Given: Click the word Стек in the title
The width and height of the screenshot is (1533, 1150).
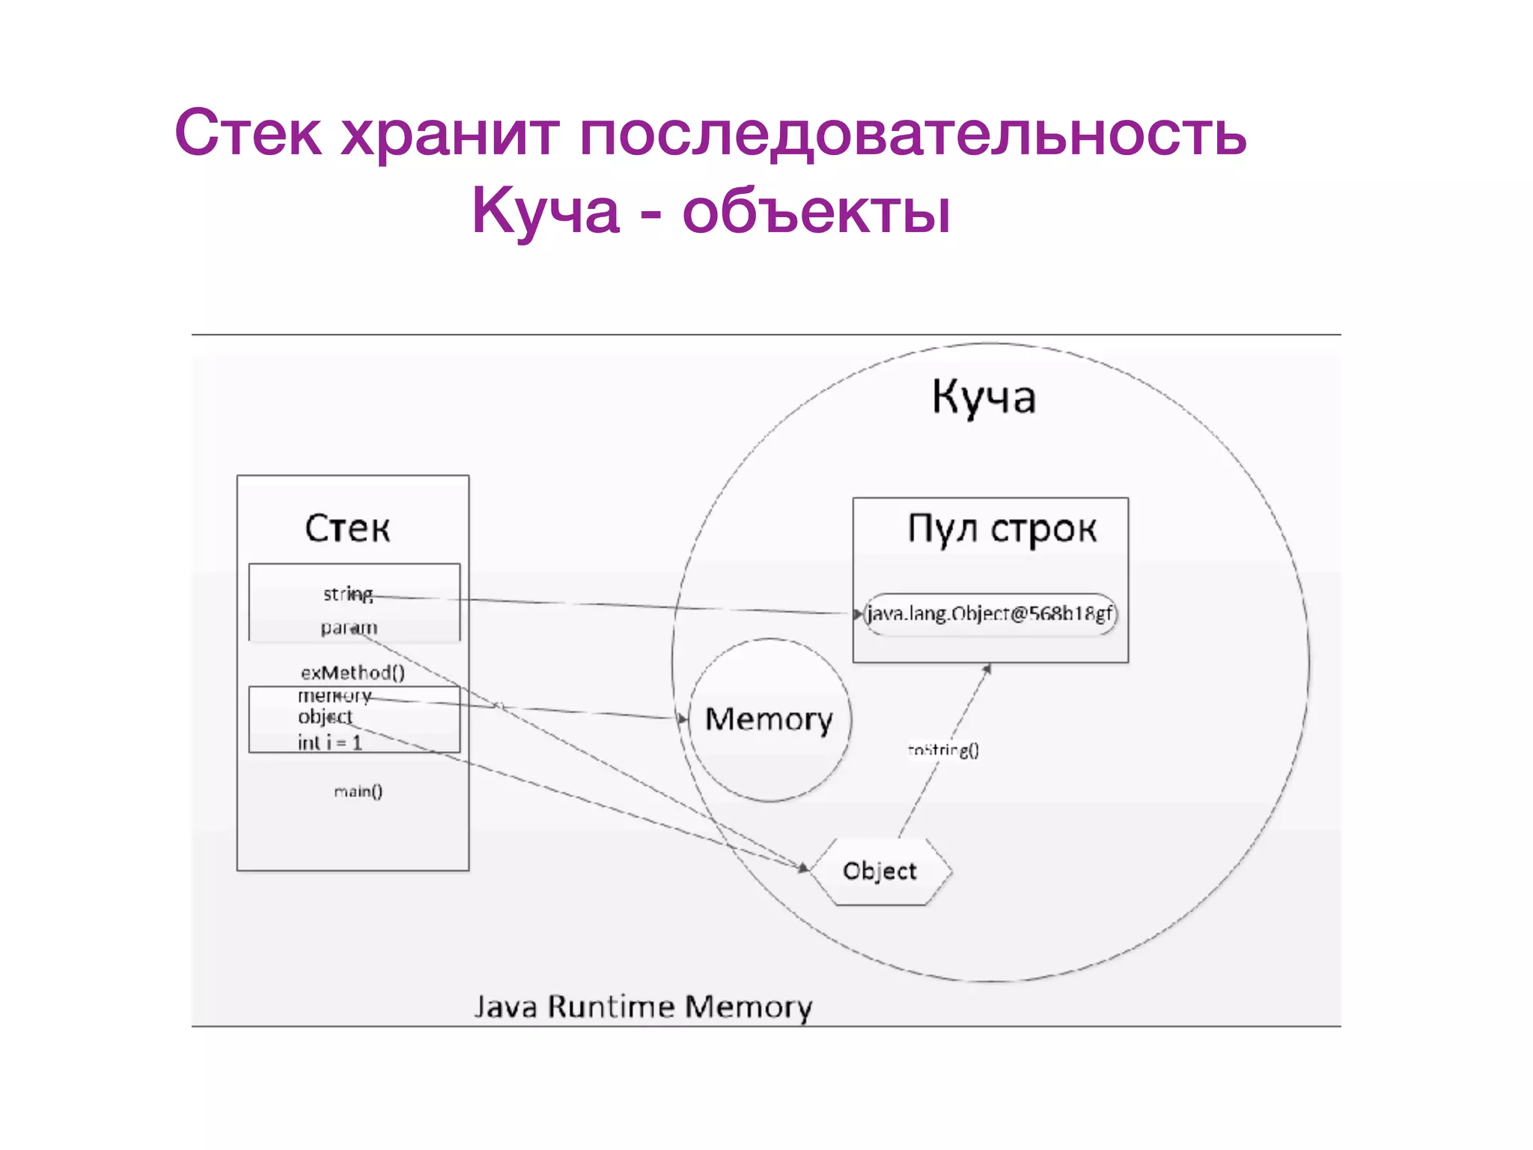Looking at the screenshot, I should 248,133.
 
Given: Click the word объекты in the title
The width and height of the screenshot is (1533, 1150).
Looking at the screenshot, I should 816,212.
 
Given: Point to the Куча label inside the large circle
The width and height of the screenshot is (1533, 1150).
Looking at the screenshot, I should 984,397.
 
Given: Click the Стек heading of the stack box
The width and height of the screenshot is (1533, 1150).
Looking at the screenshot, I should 347,528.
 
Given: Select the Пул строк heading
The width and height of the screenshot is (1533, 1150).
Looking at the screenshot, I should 1002,529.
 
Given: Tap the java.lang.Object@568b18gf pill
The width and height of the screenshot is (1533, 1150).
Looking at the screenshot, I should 990,614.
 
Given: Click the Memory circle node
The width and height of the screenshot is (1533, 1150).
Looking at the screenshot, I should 769,719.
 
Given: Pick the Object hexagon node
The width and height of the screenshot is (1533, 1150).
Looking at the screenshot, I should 880,871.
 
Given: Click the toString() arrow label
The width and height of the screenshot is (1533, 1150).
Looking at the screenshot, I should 943,749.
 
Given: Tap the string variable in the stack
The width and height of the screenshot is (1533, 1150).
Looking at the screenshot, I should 347,594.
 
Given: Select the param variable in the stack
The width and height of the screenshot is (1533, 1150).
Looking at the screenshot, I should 349,627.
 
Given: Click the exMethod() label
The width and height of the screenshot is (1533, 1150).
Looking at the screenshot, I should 353,672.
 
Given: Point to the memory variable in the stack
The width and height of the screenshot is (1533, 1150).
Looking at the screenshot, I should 335,696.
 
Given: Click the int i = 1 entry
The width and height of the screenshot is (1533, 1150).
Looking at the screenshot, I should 330,742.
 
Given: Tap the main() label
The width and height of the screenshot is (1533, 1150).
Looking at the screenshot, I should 358,791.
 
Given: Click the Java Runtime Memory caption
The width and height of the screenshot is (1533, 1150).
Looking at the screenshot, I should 643,1006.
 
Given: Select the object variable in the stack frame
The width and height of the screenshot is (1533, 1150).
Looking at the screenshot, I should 325,717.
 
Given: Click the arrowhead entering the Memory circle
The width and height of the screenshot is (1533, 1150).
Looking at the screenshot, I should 683,719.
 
